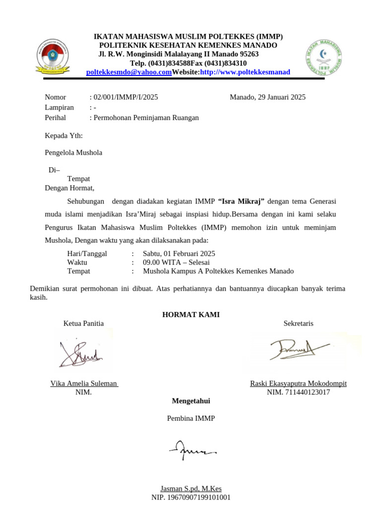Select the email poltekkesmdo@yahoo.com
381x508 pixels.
pyautogui.click(x=128, y=72)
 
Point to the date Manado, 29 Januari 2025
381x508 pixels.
pyautogui.click(x=267, y=97)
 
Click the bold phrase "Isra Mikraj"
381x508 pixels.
pyautogui.click(x=241, y=201)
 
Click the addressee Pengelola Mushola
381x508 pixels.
pyautogui.click(x=73, y=153)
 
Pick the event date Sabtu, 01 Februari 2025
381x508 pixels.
pyautogui.click(x=179, y=254)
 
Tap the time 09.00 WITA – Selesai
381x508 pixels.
pyautogui.click(x=176, y=262)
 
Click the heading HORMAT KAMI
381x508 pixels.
pyautogui.click(x=190, y=315)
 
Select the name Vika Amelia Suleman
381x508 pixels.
pyautogui.click(x=84, y=383)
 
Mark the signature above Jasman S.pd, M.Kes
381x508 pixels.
pyautogui.click(x=191, y=449)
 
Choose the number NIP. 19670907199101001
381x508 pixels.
pyautogui.click(x=190, y=497)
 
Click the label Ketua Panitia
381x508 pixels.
pyautogui.click(x=83, y=323)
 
